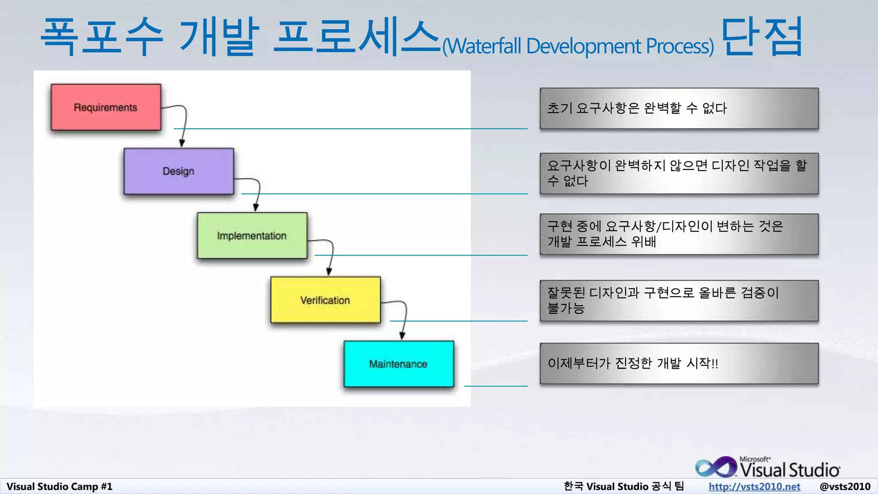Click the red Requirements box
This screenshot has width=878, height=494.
105,107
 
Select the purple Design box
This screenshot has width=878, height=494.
178,171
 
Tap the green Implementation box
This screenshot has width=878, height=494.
252,235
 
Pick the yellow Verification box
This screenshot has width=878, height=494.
325,300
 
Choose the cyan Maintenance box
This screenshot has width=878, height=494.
398,364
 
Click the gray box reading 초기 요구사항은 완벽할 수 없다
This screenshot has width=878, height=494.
679,108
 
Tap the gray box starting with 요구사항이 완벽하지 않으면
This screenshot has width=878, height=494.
679,173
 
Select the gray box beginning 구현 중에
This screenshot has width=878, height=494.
679,234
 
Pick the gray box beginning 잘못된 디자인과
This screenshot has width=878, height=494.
679,300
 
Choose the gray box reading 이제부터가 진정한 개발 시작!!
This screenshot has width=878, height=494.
679,363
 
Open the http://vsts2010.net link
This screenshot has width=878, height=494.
754,486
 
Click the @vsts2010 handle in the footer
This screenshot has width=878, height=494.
845,486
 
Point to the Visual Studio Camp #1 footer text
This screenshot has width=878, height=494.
60,486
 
